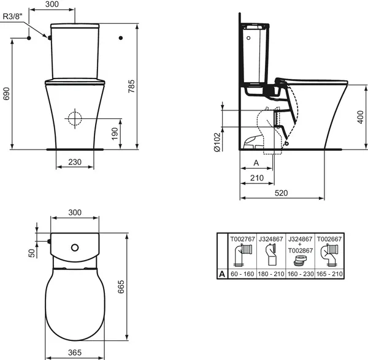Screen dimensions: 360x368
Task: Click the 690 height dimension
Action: pos(7,93)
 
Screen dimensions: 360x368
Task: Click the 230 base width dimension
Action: pos(74,163)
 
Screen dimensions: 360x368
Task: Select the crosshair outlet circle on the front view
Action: pos(74,118)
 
